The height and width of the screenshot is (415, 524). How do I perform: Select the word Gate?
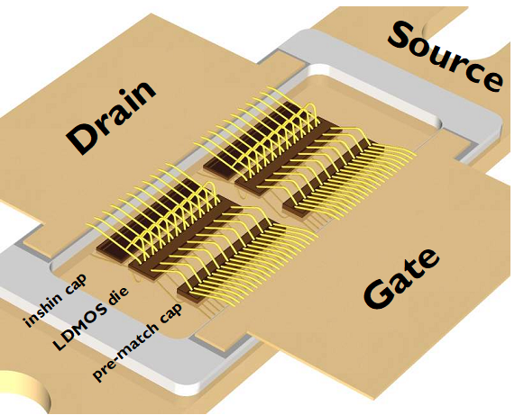pyautogui.click(x=401, y=279)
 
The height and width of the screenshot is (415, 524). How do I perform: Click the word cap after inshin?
pyautogui.click(x=76, y=284)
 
